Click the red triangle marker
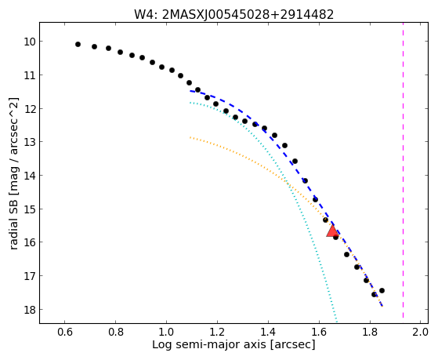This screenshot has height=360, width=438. coord(332,231)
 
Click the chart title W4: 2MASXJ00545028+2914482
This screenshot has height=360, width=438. coord(233,15)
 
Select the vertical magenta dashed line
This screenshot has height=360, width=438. coord(403,170)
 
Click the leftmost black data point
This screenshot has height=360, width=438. coord(78,44)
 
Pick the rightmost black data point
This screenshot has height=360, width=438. coord(382,291)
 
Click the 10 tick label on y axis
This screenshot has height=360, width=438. coord(29,42)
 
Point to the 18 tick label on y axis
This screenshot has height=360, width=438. coord(29,310)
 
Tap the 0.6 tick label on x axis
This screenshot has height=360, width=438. coord(65,332)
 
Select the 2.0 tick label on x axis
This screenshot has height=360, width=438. coord(421,332)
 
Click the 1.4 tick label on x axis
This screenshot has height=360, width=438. coord(268,332)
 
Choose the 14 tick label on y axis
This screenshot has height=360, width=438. coord(29,176)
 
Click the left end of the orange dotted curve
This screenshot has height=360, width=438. coord(190,137)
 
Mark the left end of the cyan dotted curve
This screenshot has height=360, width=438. coord(190,103)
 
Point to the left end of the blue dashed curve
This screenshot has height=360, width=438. coord(190,91)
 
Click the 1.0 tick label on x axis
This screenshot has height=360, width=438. coord(166,332)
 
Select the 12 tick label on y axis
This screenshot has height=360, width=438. coord(29,109)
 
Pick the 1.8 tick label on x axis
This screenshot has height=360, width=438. coord(370,332)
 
